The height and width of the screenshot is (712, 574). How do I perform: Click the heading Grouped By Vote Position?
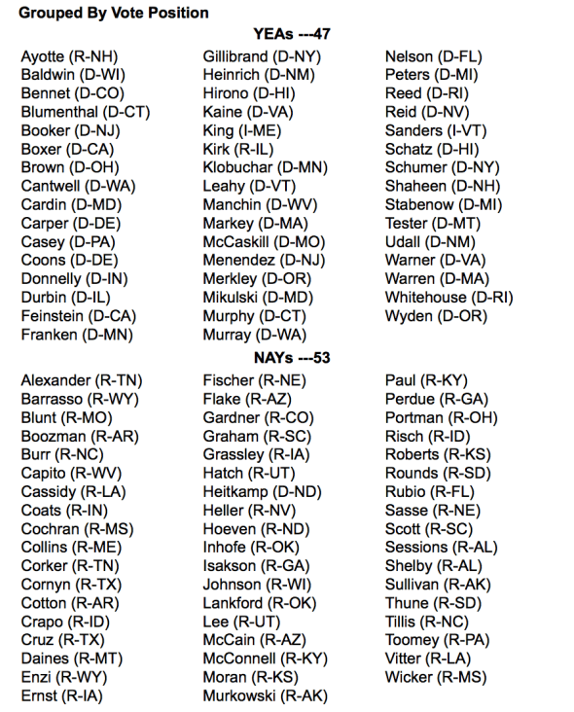point(114,14)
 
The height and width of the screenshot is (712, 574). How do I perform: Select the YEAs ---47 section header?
point(292,34)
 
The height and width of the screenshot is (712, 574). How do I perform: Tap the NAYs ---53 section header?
point(291,358)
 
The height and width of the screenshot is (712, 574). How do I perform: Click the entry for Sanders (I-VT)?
point(434,130)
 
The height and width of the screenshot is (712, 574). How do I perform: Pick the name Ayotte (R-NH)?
point(70,56)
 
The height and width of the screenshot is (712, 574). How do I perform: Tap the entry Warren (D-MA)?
point(436,279)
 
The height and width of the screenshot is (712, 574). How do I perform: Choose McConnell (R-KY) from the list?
point(265,659)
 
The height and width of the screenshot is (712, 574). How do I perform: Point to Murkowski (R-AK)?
point(265,695)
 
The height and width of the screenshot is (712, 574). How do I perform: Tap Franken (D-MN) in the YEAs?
point(77,335)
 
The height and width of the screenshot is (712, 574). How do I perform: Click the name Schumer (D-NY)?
point(441,167)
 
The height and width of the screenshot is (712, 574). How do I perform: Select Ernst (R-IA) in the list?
point(62,695)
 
